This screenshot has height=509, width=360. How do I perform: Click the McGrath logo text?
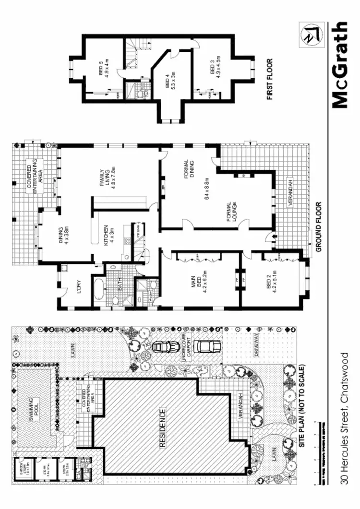click(x=339, y=65)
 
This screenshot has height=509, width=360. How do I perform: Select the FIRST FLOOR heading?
click(x=270, y=79)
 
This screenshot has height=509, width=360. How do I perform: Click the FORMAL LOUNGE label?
click(x=236, y=210)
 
